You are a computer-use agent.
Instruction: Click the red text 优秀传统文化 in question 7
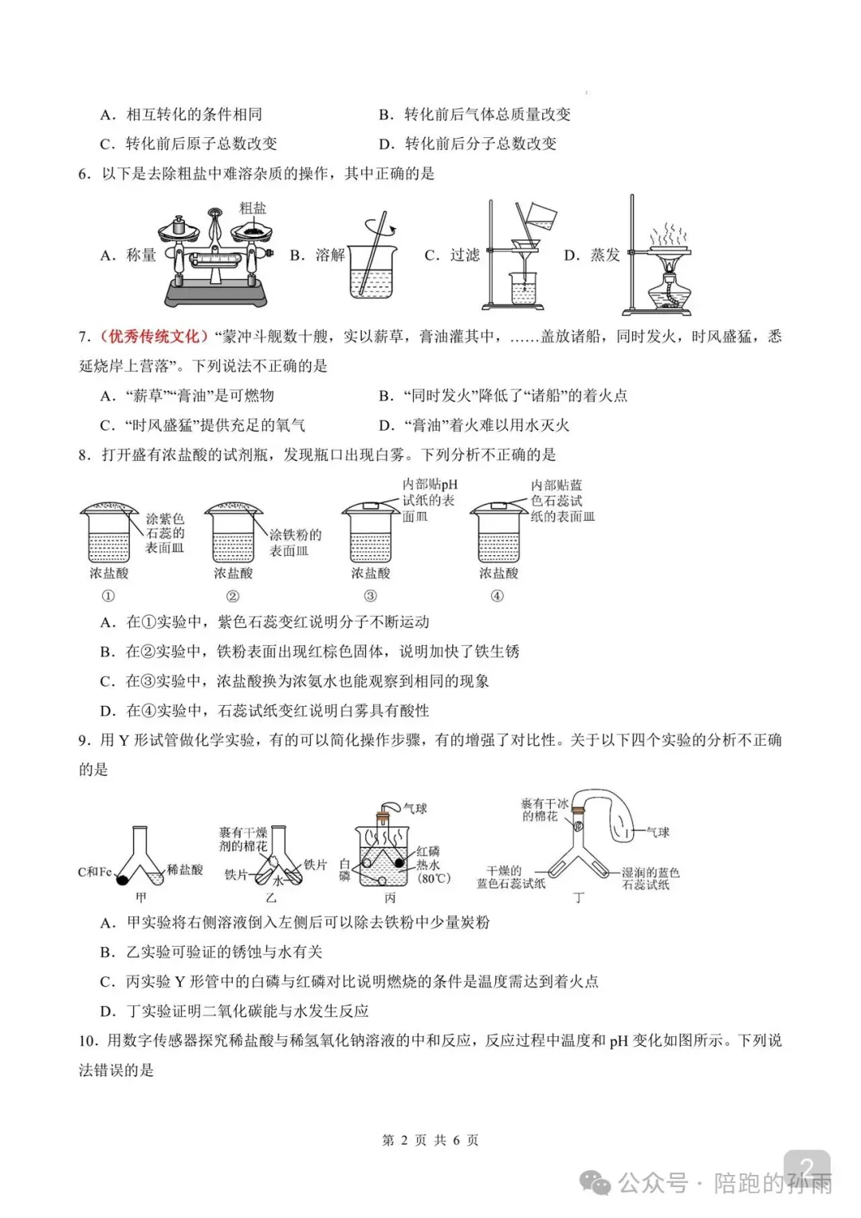tap(151, 337)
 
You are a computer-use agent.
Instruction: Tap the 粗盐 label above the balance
tap(253, 208)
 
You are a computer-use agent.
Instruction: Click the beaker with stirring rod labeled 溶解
tap(371, 267)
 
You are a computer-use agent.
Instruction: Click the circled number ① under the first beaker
tap(108, 596)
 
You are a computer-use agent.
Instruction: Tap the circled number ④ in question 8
tap(497, 596)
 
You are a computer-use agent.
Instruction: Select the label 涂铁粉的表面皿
tap(295, 542)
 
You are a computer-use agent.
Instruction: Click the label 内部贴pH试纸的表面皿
tap(429, 500)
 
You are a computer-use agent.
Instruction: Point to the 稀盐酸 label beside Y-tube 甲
tap(185, 869)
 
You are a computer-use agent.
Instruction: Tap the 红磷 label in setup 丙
tap(428, 852)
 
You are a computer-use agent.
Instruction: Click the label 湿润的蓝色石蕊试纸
tap(650, 878)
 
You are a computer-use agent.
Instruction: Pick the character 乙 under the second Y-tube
tap(270, 898)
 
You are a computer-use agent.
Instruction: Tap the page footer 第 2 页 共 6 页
tap(431, 1140)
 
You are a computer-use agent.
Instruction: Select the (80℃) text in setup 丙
tap(434, 878)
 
